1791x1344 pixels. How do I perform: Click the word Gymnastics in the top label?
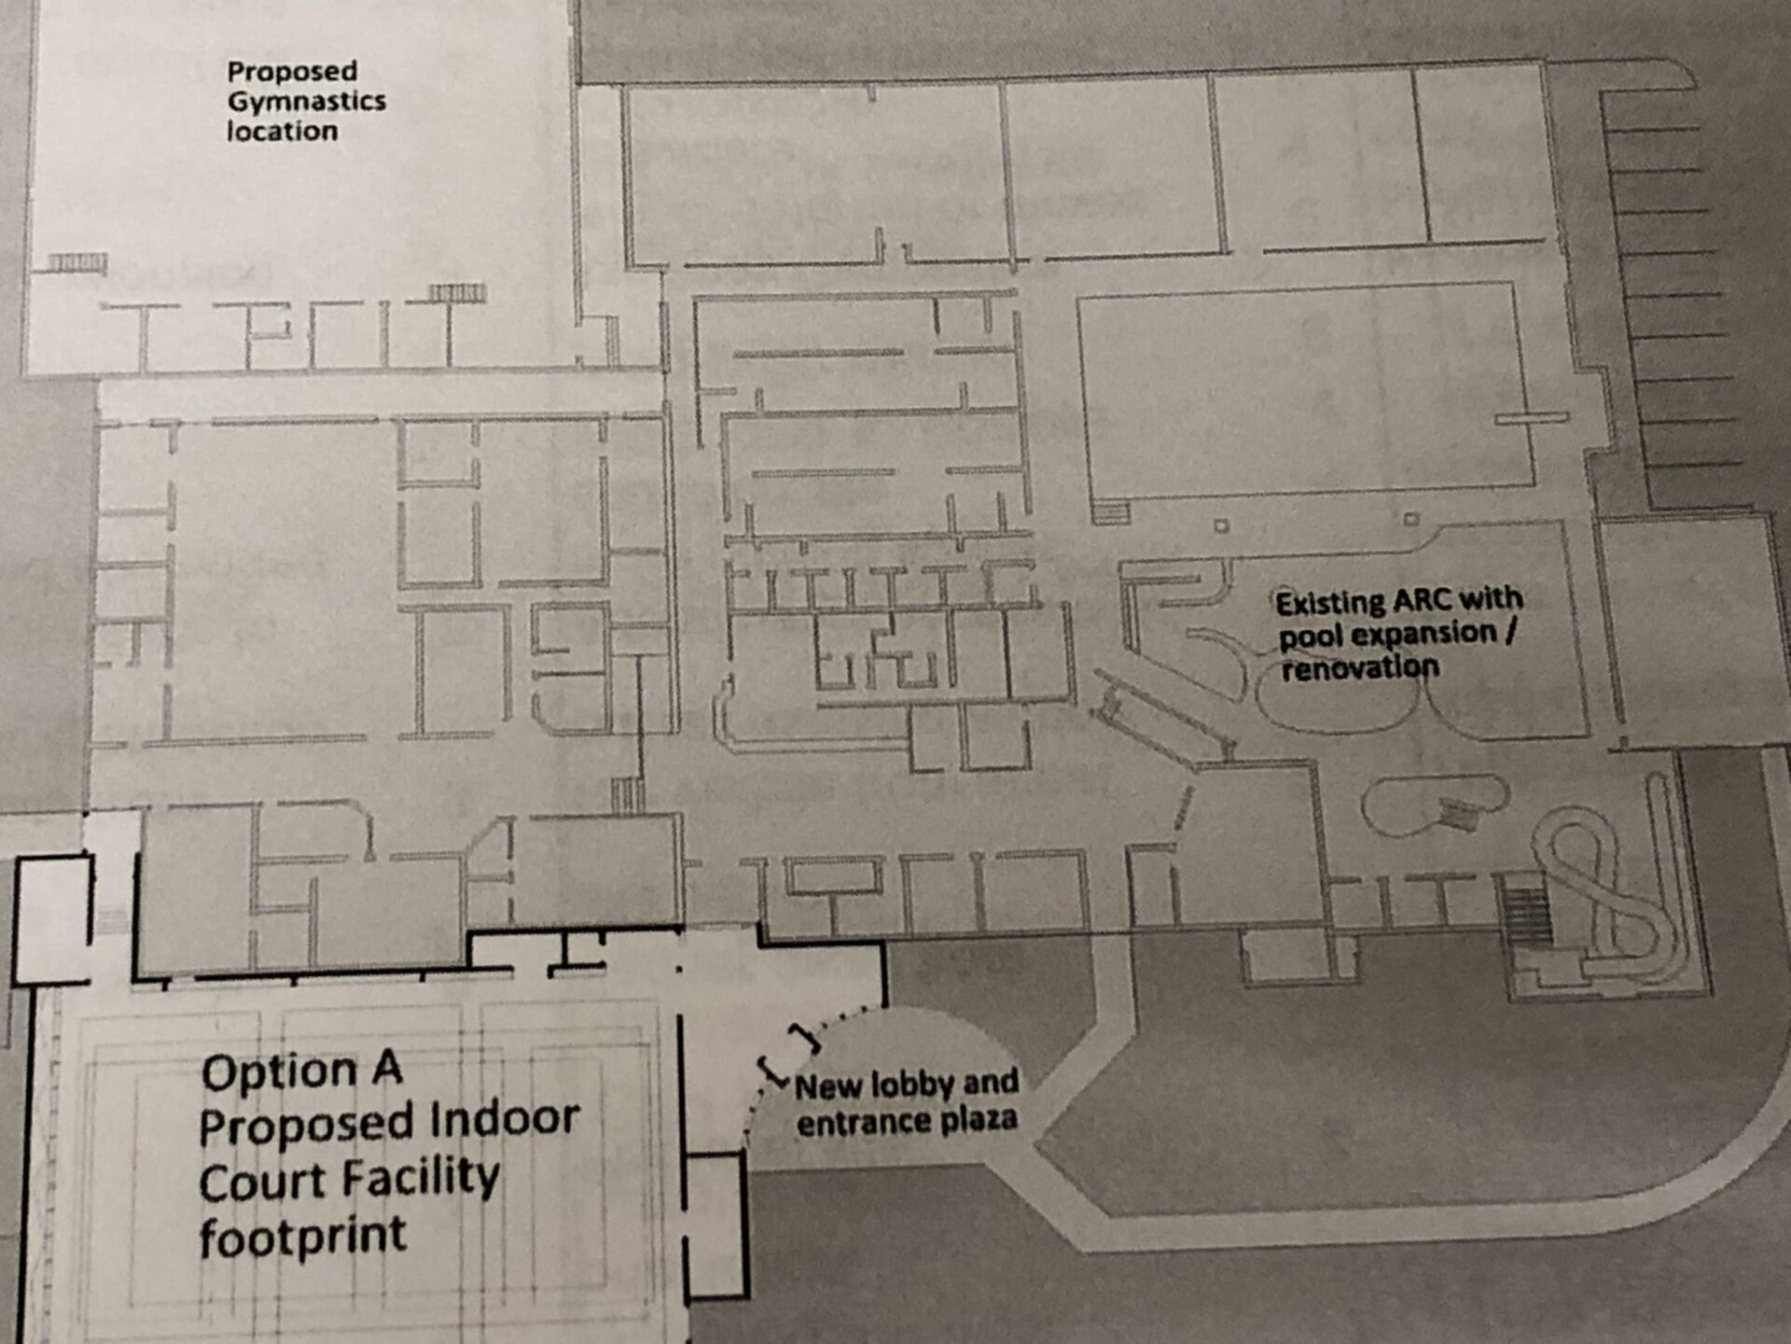(x=306, y=101)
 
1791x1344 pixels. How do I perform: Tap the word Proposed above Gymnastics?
(x=292, y=71)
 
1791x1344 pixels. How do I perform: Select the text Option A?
(x=301, y=1071)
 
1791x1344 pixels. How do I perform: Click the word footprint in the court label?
(x=302, y=1236)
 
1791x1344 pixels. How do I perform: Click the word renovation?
(x=1359, y=666)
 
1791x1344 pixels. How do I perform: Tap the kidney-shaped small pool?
(x=1432, y=805)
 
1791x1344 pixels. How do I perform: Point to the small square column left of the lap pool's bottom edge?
(x=1221, y=526)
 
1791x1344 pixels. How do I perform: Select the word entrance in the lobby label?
(x=854, y=1122)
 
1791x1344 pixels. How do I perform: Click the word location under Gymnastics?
(x=282, y=132)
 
